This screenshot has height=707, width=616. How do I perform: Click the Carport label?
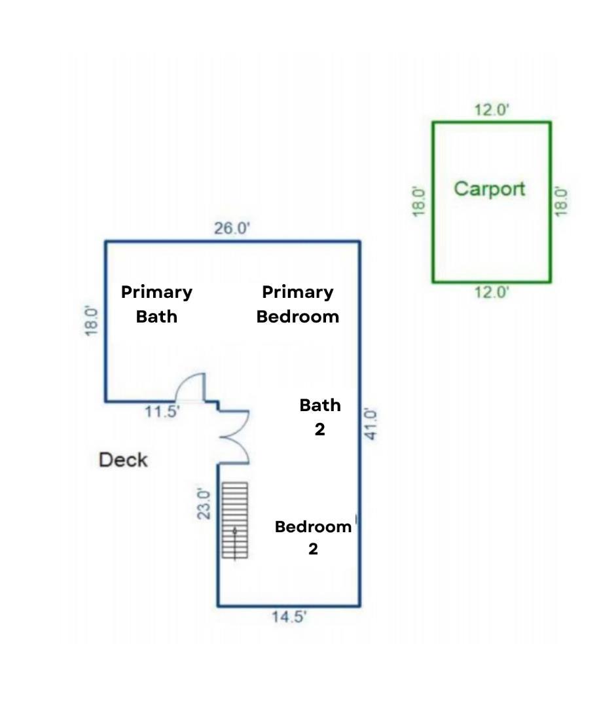[x=490, y=189]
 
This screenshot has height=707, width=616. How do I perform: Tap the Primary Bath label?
[x=156, y=304]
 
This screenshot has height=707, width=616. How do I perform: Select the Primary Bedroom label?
[x=298, y=304]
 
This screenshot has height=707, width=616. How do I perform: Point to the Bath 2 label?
[x=319, y=417]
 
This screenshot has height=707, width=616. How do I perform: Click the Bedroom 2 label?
[x=313, y=537]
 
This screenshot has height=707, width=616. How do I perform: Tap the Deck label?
[x=123, y=460]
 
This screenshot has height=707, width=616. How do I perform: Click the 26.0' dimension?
[x=232, y=228]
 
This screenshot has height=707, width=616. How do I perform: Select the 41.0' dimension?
[x=371, y=424]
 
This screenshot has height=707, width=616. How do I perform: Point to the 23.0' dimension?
[x=204, y=503]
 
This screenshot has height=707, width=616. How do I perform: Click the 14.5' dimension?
[x=289, y=617]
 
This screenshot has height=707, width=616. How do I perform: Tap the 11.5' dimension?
[x=162, y=411]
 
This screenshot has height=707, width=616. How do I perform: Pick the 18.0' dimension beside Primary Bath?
[x=91, y=321]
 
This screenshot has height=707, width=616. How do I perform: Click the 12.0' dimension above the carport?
[x=492, y=109]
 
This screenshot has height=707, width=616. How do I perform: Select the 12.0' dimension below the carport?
[x=492, y=292]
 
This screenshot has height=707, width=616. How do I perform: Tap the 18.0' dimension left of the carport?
[x=419, y=202]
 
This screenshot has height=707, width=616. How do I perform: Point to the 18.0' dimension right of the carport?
[x=560, y=202]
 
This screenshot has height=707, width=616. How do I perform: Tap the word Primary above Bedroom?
[x=298, y=293]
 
